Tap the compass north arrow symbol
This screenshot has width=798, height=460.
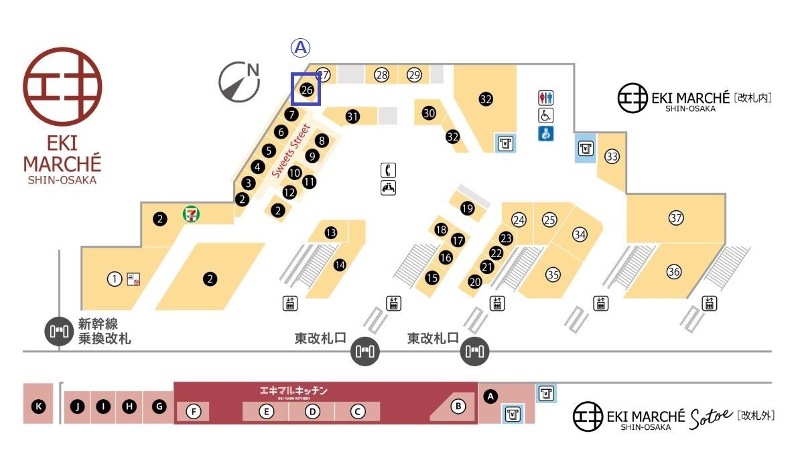click(239, 82)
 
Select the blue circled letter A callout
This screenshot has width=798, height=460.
click(301, 48)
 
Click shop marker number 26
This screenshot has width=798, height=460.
click(307, 90)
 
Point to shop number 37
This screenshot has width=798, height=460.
click(675, 218)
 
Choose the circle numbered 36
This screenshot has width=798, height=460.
click(674, 271)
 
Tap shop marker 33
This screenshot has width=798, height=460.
click(612, 156)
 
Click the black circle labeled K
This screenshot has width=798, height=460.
click(39, 406)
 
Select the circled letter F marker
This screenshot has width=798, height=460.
click(194, 411)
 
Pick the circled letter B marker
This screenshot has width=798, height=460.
click(458, 406)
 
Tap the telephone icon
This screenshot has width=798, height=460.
click(388, 170)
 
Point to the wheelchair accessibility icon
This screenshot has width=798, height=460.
click(546, 115)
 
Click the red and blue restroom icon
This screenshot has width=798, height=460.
click(546, 97)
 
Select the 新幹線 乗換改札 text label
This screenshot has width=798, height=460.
click(105, 331)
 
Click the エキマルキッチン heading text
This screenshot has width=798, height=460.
click(294, 390)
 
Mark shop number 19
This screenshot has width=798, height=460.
click(468, 208)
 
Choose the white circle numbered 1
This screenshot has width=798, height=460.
click(115, 279)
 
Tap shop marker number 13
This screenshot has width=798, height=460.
click(330, 232)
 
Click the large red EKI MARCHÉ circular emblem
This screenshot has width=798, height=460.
click(62, 87)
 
